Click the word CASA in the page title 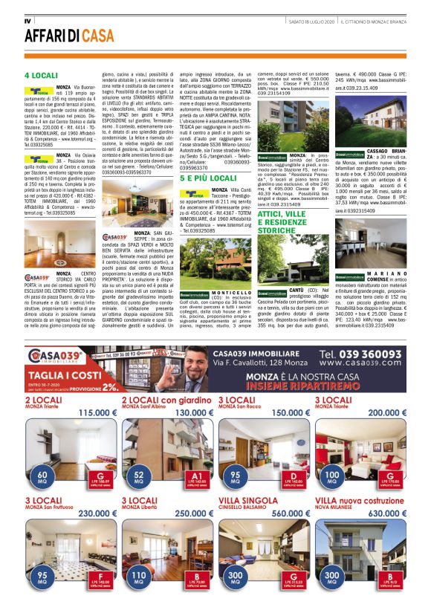click(x=98, y=36)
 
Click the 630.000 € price click(x=389, y=512)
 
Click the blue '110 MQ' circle click(x=138, y=576)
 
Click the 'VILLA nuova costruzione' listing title click(x=349, y=502)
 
